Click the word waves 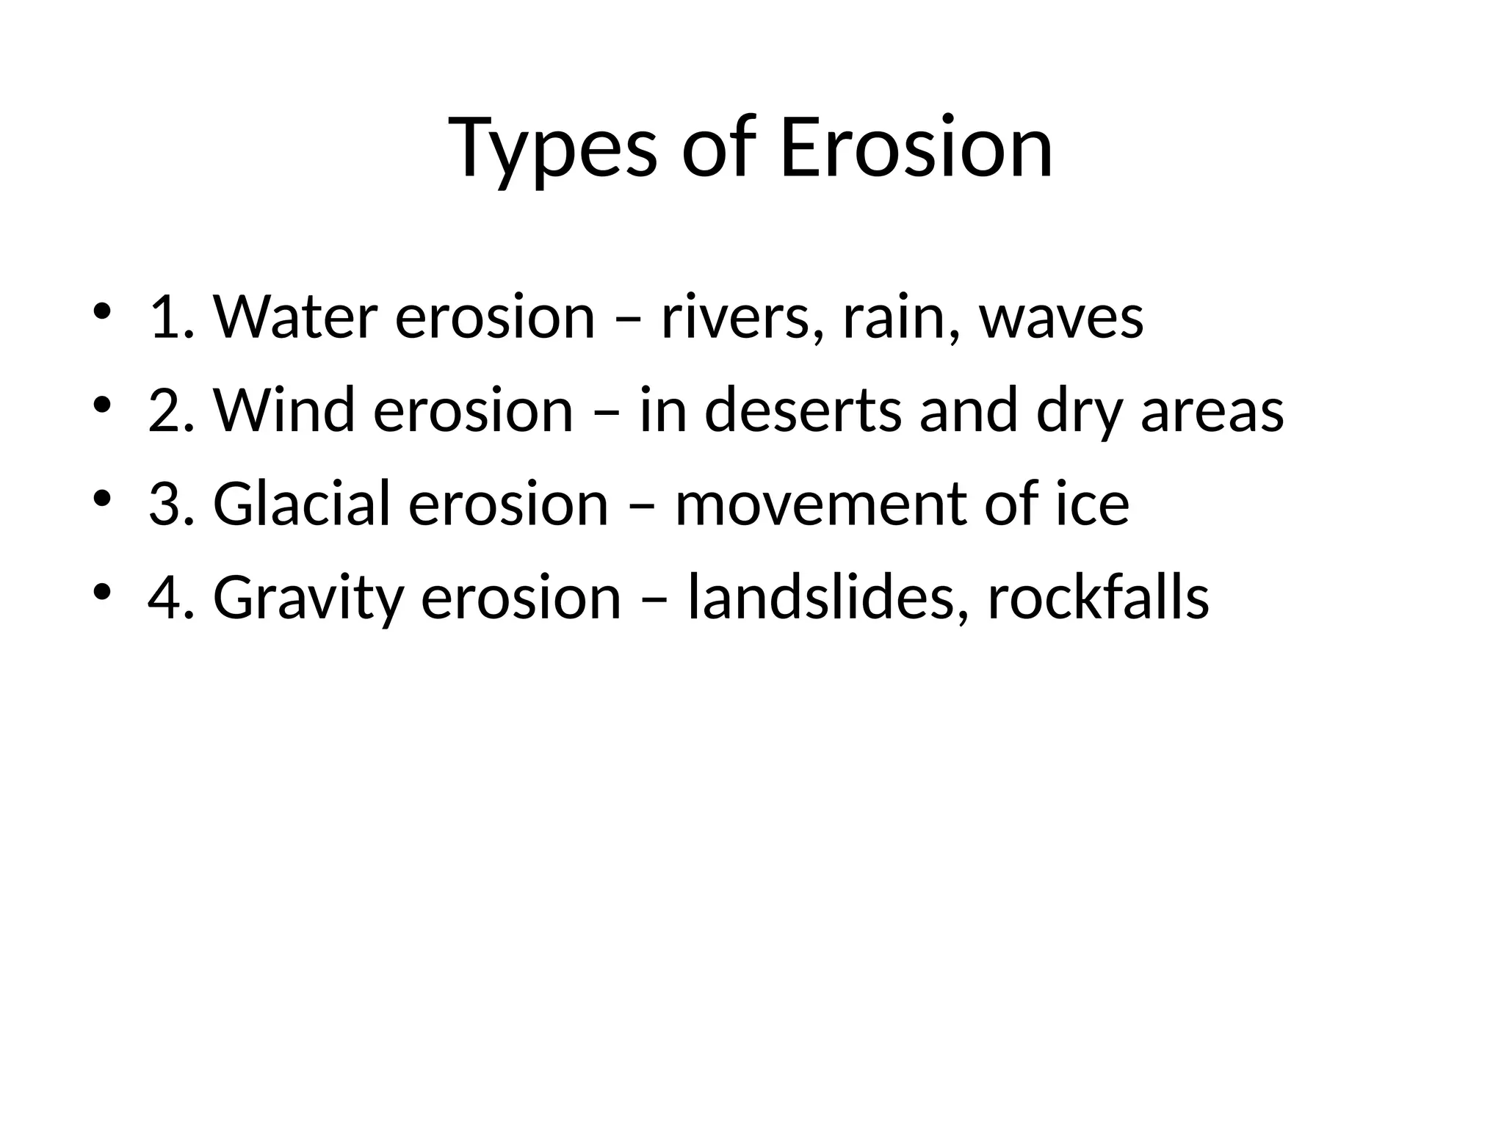tap(1061, 317)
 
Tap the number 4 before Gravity tap(164, 597)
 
